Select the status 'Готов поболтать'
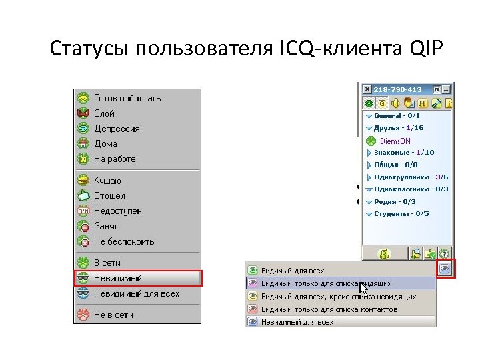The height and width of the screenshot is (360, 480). point(127,98)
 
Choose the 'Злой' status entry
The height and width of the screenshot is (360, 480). point(104,113)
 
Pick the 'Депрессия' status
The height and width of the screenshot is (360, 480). point(117,129)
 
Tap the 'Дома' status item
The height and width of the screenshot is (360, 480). point(105,143)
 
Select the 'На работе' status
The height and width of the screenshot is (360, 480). point(114,159)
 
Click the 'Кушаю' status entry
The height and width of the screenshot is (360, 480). point(107,181)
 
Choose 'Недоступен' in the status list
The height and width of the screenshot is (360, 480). point(117,211)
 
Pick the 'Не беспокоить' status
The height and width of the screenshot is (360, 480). point(123,241)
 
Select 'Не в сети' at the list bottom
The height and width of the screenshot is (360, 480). point(113,315)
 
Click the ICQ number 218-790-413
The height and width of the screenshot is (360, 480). point(397,89)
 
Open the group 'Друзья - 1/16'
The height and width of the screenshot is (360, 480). point(398,128)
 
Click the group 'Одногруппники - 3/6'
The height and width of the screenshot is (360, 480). point(411,177)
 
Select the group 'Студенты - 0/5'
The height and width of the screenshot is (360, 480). point(401,214)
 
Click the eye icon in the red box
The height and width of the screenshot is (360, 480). point(445,268)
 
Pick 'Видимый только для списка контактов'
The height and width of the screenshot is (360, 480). point(329,309)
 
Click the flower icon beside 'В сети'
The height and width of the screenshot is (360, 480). point(83,263)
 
